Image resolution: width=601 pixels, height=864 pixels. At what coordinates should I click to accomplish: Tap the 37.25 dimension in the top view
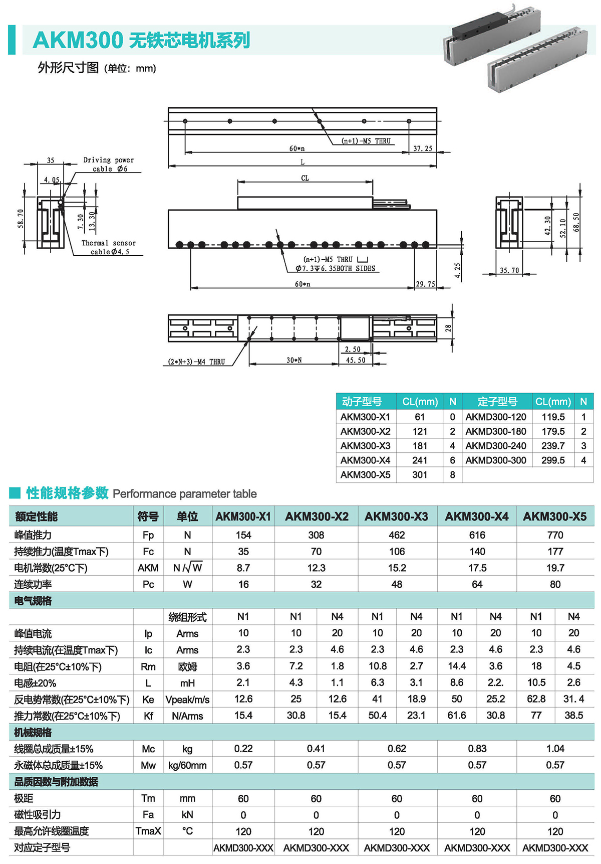[422, 148]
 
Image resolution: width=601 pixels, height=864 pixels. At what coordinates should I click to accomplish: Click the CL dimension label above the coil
[305, 178]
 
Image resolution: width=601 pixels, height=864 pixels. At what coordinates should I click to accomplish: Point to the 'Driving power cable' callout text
[109, 164]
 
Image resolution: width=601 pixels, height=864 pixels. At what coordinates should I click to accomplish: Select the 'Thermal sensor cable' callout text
[109, 247]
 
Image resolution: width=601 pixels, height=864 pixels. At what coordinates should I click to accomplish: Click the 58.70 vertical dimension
[21, 219]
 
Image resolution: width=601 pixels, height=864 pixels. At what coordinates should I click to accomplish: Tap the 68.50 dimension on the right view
[576, 222]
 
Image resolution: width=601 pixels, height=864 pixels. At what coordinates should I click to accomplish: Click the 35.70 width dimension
[509, 270]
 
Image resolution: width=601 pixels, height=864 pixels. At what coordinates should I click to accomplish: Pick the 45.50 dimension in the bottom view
[356, 360]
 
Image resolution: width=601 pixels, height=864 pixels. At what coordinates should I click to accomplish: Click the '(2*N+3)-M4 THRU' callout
[197, 362]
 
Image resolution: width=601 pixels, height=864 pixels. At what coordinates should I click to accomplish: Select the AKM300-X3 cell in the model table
[366, 446]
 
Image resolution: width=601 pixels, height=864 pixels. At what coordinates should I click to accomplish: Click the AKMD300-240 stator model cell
[496, 446]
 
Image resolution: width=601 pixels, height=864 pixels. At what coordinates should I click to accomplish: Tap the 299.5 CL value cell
[553, 460]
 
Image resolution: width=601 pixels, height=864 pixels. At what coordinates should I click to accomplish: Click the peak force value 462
[397, 535]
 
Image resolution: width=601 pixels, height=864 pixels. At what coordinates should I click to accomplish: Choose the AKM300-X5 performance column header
[554, 516]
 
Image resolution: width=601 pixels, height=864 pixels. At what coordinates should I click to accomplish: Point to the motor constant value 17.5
[477, 568]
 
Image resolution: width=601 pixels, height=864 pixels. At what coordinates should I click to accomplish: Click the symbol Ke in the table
[148, 700]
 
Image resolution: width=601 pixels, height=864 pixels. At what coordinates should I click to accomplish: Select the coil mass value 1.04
[555, 749]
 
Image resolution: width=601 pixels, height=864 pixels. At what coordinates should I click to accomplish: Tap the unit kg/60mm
[187, 765]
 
